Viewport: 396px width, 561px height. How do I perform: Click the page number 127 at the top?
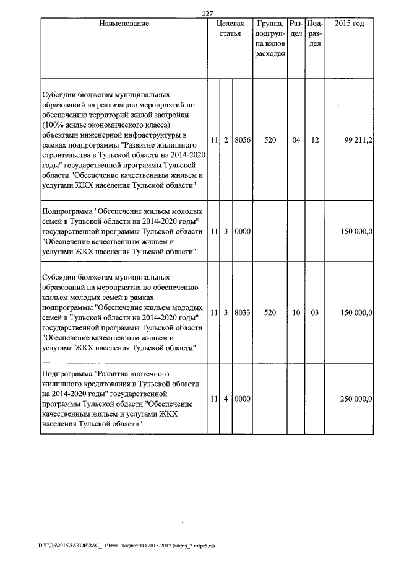click(x=208, y=14)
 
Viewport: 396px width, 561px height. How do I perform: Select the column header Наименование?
click(x=124, y=24)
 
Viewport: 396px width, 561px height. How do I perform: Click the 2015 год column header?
click(x=349, y=24)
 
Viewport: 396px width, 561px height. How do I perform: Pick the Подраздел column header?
click(x=314, y=33)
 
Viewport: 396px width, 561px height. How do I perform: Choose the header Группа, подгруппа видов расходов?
click(x=269, y=38)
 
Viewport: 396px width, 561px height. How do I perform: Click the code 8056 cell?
click(x=242, y=141)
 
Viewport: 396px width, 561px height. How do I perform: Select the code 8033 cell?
click(x=242, y=313)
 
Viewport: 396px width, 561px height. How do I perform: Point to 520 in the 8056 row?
click(x=269, y=141)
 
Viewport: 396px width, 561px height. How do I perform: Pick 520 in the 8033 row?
click(x=269, y=313)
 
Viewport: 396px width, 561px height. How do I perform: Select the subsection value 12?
click(x=314, y=141)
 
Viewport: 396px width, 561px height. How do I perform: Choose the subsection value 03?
click(x=314, y=313)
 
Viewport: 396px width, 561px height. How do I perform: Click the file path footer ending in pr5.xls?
click(x=126, y=546)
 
